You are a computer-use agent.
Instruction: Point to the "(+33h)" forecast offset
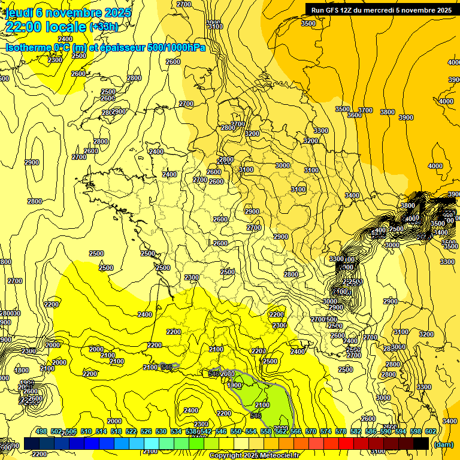coord(104,27)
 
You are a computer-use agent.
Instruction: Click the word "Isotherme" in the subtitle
coord(28,47)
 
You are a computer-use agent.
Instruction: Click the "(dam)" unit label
coord(443,444)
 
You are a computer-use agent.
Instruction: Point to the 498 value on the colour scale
coord(41,432)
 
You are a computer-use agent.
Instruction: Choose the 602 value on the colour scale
coord(430,432)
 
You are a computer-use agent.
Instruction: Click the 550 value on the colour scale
coord(236,432)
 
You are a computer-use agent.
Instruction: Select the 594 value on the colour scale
coord(400,432)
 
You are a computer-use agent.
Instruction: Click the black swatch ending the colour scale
coord(421,444)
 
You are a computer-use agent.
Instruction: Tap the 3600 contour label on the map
coord(355,114)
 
